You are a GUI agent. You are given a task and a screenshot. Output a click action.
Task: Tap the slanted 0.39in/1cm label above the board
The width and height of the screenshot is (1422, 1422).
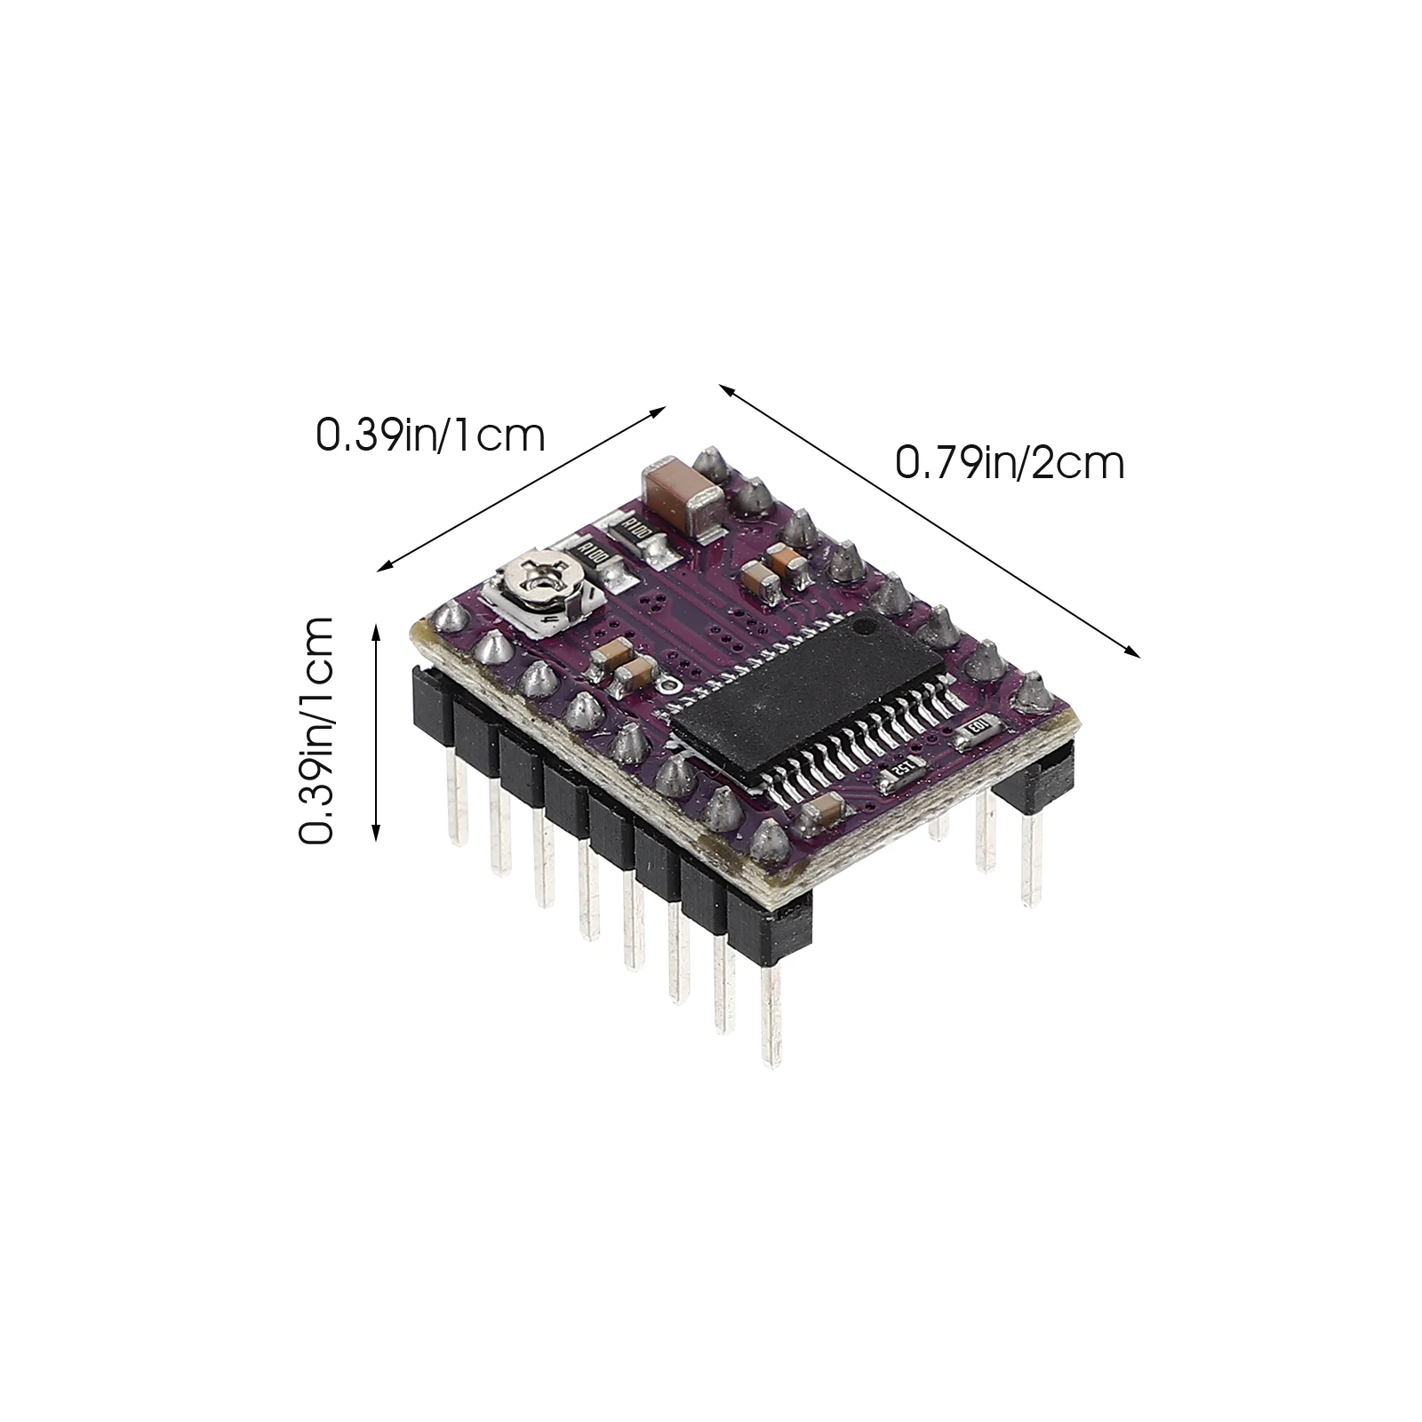coord(431,435)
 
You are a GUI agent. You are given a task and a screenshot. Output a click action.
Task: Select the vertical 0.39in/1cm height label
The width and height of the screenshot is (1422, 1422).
coord(316,731)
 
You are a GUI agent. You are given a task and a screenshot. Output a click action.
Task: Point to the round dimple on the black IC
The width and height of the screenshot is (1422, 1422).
coord(866,627)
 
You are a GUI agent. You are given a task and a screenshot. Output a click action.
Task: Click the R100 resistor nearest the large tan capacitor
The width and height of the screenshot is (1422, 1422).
coord(635,533)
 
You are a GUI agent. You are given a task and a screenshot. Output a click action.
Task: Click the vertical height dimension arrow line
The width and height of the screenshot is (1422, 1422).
coord(376,731)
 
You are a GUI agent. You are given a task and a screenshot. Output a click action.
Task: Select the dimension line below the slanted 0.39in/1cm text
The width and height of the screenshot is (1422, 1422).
coord(523,488)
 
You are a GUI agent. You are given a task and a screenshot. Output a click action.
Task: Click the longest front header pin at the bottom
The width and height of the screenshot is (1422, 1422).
coord(770,1014)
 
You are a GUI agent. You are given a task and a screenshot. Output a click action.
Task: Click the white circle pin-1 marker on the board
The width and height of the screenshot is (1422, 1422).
coord(667,684)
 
